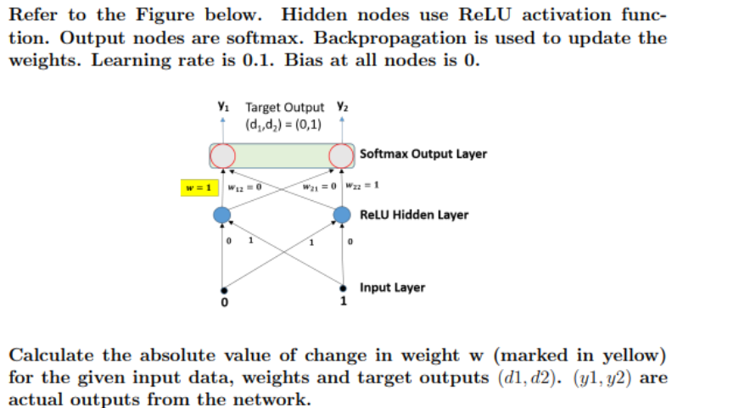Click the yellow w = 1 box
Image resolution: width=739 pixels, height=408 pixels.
200,187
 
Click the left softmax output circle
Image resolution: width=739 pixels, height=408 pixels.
223,155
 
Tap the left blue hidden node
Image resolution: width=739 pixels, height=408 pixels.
222,215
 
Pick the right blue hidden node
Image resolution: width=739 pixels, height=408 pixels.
342,215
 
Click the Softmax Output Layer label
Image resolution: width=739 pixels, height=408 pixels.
423,154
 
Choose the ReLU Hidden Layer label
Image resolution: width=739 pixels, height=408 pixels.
414,215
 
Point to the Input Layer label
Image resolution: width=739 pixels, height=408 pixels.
393,288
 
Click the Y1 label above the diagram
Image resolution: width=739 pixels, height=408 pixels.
222,107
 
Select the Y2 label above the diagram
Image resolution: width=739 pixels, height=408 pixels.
343,107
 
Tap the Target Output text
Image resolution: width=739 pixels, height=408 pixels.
284,108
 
